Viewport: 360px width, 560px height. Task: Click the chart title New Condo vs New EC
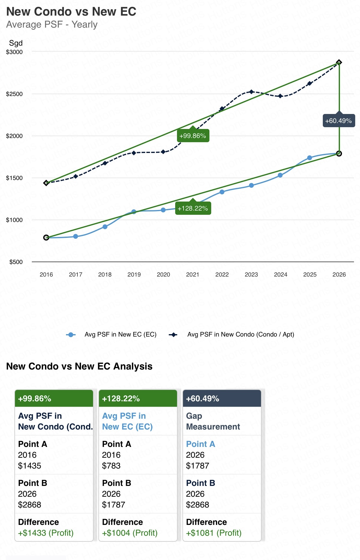click(x=71, y=12)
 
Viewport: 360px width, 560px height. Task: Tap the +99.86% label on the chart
click(x=193, y=136)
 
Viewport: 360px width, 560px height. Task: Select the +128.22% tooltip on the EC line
click(x=193, y=208)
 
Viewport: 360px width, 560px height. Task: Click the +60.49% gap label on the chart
click(x=338, y=121)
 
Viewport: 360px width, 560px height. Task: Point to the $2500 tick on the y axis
click(x=14, y=94)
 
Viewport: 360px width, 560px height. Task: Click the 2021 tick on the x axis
click(x=193, y=274)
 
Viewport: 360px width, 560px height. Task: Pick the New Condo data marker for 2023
click(x=251, y=92)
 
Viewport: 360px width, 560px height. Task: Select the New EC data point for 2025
click(x=310, y=158)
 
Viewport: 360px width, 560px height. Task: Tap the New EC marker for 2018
click(x=105, y=227)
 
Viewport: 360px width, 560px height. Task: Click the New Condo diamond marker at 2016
click(x=46, y=183)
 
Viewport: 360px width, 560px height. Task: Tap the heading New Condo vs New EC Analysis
click(x=79, y=366)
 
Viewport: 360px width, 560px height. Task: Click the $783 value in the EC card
click(x=111, y=466)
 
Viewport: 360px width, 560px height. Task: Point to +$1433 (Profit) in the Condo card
click(x=46, y=533)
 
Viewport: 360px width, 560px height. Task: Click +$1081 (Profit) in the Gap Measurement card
click(x=214, y=533)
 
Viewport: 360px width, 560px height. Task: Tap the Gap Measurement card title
click(x=213, y=421)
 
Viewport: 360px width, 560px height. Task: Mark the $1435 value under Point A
click(x=29, y=466)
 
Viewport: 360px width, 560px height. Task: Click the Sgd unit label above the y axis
click(x=16, y=43)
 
